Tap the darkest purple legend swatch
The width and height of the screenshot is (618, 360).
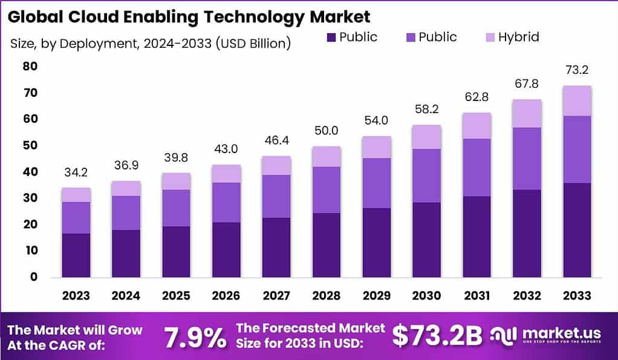[331, 37]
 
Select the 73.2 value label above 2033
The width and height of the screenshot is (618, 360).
[576, 70]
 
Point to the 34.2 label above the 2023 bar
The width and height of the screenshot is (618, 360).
[76, 172]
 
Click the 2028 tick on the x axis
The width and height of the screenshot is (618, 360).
[326, 295]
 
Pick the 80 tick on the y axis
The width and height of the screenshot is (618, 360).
[31, 66]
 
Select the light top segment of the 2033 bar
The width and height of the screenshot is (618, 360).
[576, 100]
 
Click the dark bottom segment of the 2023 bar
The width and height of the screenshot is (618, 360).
[76, 255]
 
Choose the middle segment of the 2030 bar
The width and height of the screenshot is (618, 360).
[426, 175]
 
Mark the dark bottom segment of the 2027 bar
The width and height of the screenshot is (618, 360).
[276, 247]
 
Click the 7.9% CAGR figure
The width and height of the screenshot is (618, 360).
[196, 337]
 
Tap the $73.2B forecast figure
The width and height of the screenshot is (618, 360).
[437, 337]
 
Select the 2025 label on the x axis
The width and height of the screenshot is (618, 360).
[176, 295]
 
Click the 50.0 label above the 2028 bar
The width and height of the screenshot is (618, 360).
[326, 131]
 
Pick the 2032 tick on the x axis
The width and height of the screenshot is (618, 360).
[526, 295]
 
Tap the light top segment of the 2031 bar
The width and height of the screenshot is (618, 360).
[477, 126]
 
